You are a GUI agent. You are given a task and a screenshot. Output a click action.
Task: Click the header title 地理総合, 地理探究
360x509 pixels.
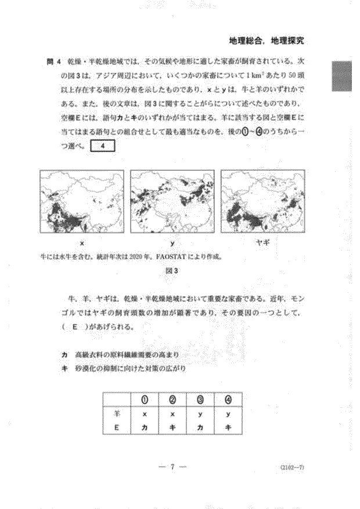[267, 41]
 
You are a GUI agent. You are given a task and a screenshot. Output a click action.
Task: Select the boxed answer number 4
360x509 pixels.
[102, 147]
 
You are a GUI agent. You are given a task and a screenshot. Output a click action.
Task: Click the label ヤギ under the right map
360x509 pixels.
[263, 243]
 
